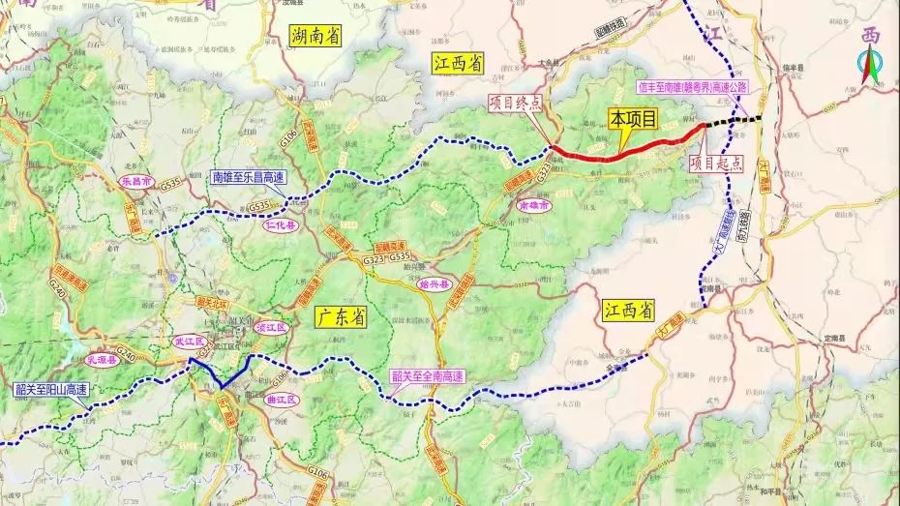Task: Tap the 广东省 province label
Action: [340, 316]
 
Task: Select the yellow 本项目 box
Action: [632, 119]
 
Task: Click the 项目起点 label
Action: [717, 164]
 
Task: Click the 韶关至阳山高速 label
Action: [51, 391]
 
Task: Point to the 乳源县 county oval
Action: [101, 357]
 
